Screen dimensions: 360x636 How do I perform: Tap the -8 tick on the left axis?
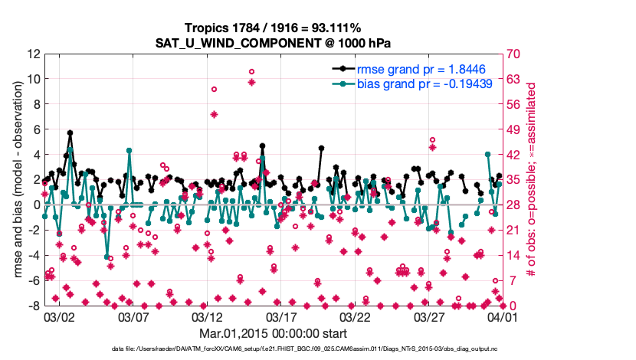tap(34, 306)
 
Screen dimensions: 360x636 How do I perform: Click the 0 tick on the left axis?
tap(36, 205)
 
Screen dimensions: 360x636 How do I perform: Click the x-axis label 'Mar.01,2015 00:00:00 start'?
tap(274, 333)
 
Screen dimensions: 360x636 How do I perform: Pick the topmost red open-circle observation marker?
tap(251, 71)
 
